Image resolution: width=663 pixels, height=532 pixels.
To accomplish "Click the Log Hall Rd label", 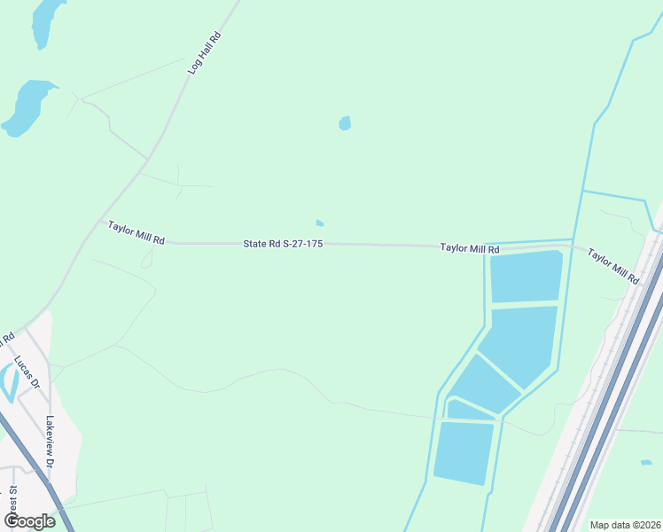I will (204, 52).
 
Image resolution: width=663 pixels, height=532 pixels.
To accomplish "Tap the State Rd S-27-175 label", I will (282, 243).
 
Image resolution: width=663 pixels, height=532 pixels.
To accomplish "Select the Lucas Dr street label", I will (27, 372).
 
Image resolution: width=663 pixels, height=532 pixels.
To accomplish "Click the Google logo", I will (29, 520).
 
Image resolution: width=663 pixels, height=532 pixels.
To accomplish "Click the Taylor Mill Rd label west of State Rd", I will (136, 233).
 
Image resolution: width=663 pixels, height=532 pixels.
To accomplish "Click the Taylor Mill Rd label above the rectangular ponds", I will (470, 249).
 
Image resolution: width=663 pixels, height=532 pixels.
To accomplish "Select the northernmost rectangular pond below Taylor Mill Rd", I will (526, 277).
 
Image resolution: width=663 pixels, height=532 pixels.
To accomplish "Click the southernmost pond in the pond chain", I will (463, 452).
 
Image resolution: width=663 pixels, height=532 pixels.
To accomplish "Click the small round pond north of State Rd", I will (345, 123).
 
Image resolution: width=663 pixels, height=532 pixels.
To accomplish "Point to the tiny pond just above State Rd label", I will (320, 223).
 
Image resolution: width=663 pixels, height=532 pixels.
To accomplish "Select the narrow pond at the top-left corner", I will (45, 22).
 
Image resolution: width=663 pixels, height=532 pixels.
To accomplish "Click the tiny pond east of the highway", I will (646, 462).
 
